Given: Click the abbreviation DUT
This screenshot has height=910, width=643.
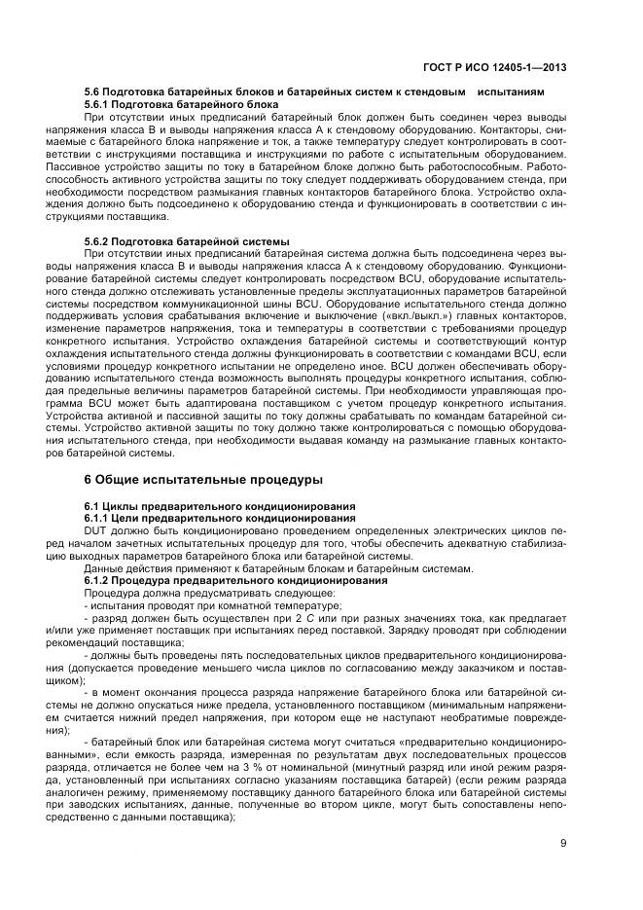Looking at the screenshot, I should coord(96,530).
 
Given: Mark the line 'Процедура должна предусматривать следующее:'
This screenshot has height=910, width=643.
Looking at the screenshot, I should coord(182,593).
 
